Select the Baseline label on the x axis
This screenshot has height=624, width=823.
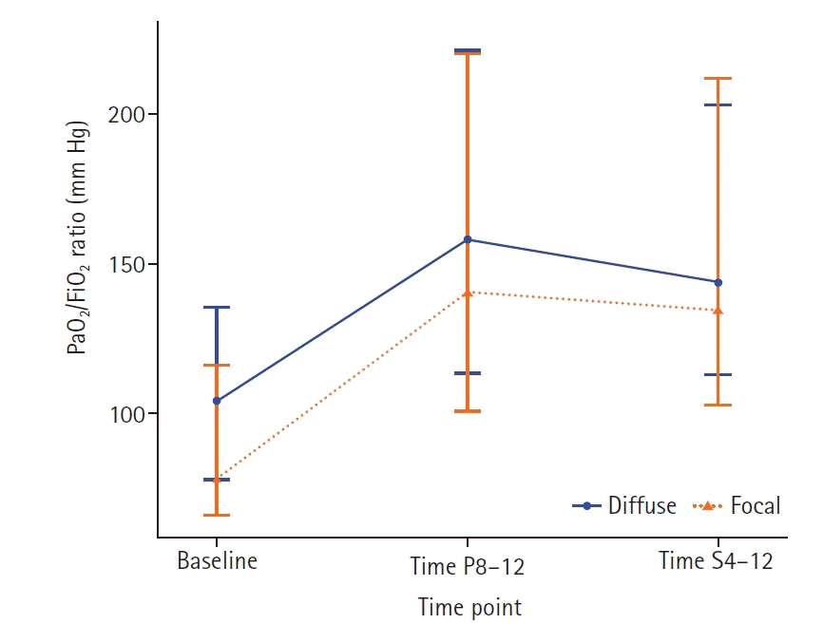click(x=217, y=560)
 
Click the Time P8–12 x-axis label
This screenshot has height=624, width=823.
click(x=467, y=567)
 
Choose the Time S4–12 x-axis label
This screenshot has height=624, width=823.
click(x=717, y=560)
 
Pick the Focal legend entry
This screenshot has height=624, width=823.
click(x=755, y=505)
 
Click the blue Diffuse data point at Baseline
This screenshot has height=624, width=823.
click(x=217, y=401)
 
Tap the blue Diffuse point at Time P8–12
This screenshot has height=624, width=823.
click(x=468, y=239)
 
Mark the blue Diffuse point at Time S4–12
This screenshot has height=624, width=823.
click(x=718, y=282)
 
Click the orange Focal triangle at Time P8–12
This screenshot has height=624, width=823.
click(x=468, y=293)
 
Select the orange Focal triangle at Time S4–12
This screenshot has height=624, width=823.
click(x=718, y=310)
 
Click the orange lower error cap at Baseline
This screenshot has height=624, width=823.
click(x=217, y=515)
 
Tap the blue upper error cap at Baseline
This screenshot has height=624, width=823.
click(x=217, y=308)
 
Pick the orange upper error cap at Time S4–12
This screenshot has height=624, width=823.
click(x=718, y=78)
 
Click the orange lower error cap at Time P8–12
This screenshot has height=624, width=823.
click(x=468, y=411)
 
